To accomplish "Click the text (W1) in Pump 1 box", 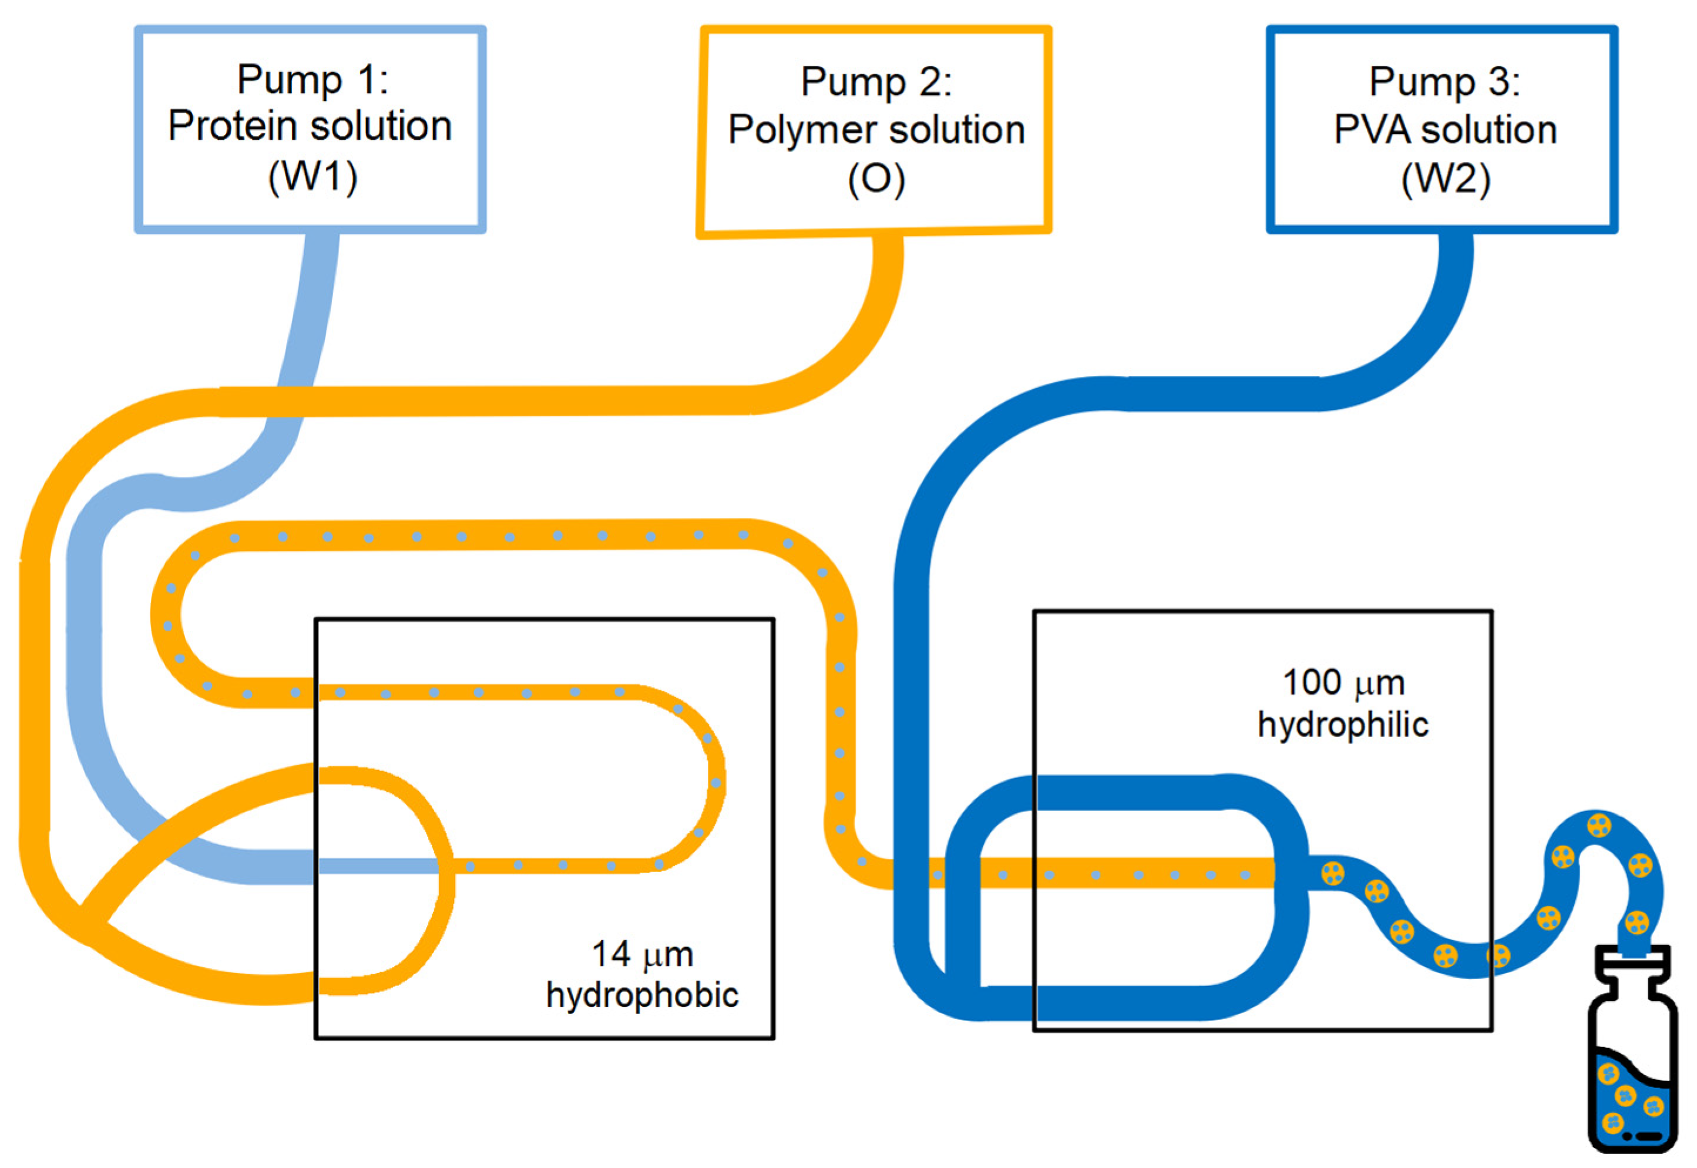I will pyautogui.click(x=312, y=176).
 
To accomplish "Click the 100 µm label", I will pyautogui.click(x=1343, y=683).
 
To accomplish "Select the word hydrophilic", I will pyautogui.click(x=1343, y=725).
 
